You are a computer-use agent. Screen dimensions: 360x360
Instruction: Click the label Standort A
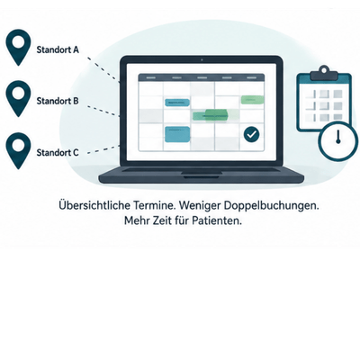(x=58, y=49)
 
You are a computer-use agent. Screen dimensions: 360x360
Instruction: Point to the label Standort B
(x=58, y=101)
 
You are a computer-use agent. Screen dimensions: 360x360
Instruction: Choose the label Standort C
(x=58, y=153)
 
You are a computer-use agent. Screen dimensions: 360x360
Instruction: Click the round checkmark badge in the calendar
(x=251, y=134)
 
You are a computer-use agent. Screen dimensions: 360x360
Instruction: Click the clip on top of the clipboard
(x=323, y=74)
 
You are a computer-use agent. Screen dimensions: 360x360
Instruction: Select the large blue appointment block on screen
(x=177, y=134)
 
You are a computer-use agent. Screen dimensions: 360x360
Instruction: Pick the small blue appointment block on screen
(x=177, y=103)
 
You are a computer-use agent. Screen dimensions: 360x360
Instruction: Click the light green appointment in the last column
(x=252, y=100)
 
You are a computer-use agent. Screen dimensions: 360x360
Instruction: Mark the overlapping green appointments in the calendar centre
(x=211, y=115)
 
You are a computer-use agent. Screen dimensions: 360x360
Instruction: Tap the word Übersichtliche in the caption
(x=94, y=206)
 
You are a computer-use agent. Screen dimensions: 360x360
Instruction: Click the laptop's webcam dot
(x=202, y=59)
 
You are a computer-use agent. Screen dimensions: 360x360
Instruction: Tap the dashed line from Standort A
(x=103, y=68)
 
